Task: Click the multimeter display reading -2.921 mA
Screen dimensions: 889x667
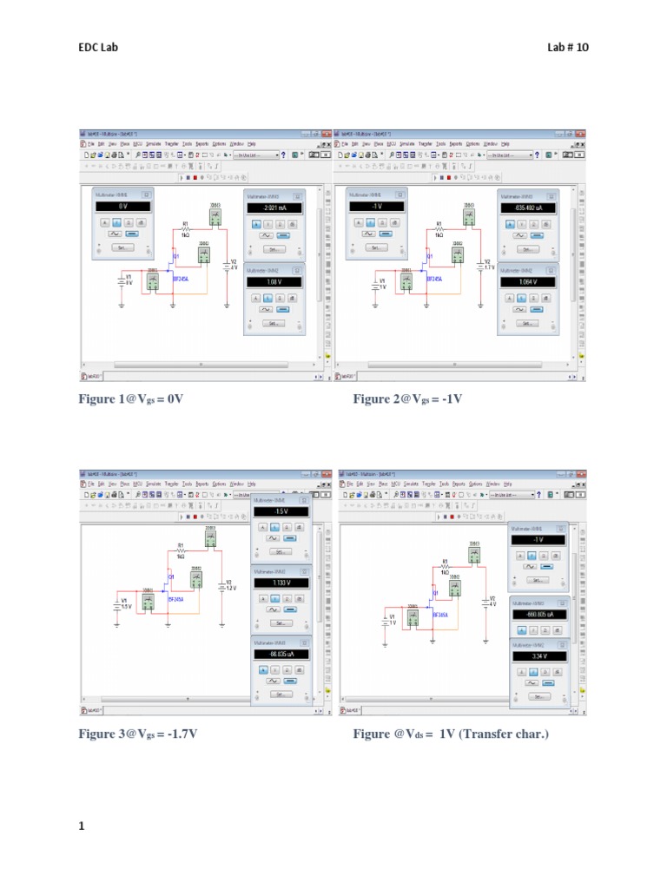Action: [274, 208]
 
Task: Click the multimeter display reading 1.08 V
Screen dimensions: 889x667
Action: [274, 282]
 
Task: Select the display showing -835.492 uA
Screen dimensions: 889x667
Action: [527, 208]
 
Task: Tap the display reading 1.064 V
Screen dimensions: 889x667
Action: [527, 282]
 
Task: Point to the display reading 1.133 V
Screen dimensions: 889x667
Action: [280, 583]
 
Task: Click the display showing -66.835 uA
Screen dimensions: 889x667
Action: [280, 654]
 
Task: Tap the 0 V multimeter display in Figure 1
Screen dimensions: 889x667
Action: [122, 207]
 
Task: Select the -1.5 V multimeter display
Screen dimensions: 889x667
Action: [280, 512]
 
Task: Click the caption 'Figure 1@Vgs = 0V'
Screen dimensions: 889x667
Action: [133, 399]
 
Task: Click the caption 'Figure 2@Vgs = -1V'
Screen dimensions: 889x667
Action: [407, 399]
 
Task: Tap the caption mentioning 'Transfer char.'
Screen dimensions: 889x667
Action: [451, 734]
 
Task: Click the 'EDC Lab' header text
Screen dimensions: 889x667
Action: [97, 47]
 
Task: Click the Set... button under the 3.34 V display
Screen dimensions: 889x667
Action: [538, 695]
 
